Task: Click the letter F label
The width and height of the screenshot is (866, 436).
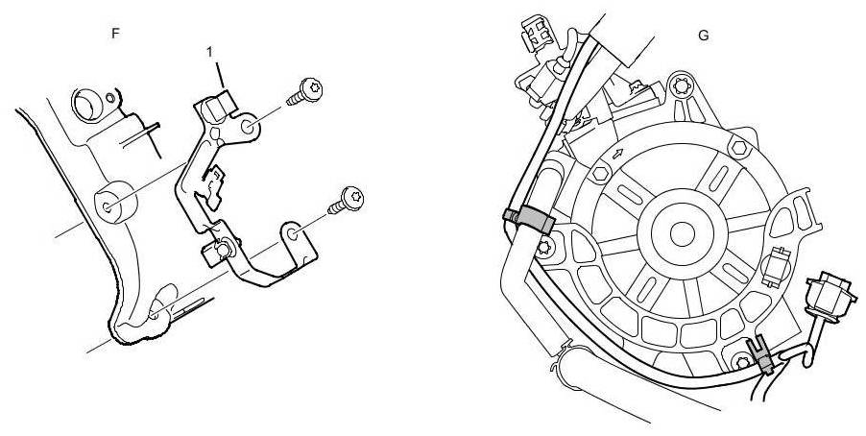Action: coord(116,33)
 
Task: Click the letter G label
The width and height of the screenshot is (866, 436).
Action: coord(704,35)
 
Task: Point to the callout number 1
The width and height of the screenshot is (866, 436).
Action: coord(209,51)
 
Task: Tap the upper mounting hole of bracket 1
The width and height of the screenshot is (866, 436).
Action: coord(246,125)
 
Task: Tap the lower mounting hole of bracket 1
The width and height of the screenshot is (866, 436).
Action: coord(293,231)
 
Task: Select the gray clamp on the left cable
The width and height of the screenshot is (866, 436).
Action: coord(527,220)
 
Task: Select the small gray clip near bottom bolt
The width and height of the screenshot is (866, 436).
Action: coord(760,356)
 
